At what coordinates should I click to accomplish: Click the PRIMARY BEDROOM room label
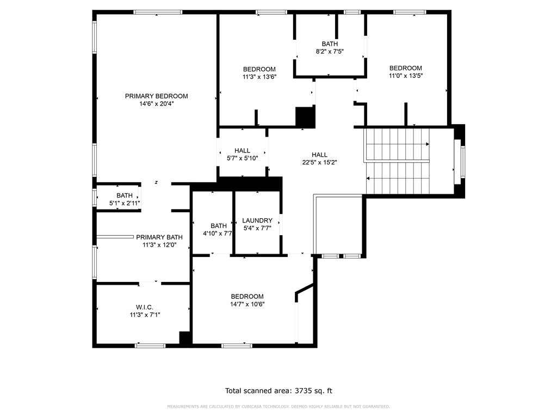pos(156,96)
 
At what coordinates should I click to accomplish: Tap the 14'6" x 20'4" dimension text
pos(156,104)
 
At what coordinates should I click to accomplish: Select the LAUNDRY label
pos(257,220)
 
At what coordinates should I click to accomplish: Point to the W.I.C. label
pos(145,307)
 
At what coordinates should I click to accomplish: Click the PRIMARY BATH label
pos(159,237)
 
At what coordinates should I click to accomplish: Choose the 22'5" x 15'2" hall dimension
pos(319,162)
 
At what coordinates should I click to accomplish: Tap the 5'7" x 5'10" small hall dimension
pos(242,158)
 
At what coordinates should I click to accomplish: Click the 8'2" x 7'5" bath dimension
pos(330,51)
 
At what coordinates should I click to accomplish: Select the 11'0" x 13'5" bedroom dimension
pos(406,76)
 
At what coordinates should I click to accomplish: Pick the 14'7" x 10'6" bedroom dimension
pos(247,304)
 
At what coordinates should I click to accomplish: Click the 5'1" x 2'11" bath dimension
pos(125,204)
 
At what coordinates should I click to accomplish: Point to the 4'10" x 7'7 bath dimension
pos(218,233)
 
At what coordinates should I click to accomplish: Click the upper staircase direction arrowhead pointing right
pos(428,144)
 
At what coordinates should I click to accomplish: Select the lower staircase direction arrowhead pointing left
pos(368,178)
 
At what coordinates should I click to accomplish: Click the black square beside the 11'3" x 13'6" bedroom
pos(306,117)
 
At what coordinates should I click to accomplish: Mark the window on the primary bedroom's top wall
pos(158,12)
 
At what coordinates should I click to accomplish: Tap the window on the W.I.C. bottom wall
pos(150,346)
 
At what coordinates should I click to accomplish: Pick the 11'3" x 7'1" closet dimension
pos(145,315)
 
